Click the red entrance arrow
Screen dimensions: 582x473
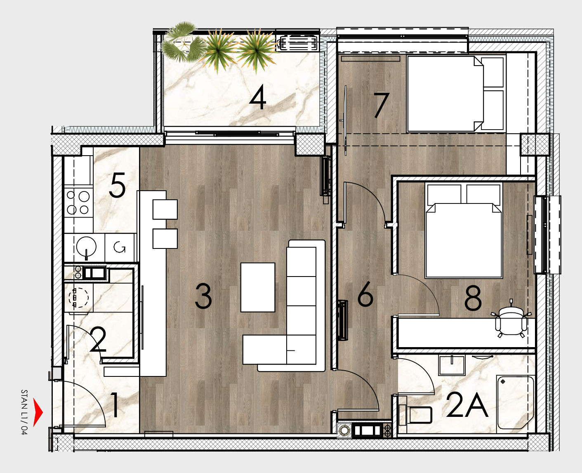[38, 412]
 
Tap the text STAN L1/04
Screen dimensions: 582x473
[24, 412]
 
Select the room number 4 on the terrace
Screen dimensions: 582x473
[258, 97]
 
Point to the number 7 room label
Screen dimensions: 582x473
[381, 105]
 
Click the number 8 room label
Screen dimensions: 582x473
[473, 298]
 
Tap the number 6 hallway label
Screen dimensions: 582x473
[365, 293]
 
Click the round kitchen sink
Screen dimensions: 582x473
[86, 247]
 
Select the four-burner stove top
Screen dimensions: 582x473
[78, 202]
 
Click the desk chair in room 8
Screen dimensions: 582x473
[511, 320]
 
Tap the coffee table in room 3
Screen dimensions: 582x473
[258, 287]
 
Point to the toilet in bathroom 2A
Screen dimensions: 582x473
[415, 415]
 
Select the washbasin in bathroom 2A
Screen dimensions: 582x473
[452, 365]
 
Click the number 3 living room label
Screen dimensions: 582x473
[203, 296]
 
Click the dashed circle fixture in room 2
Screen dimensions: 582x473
[78, 298]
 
